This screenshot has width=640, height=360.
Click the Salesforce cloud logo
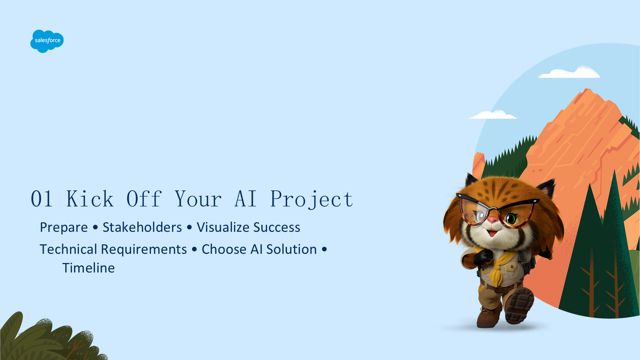point(47,41)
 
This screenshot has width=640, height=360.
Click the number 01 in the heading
point(42,199)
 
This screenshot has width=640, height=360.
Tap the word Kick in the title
point(90,199)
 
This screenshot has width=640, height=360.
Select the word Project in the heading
point(312,199)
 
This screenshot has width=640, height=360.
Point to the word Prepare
point(64,227)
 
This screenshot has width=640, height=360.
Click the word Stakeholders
point(142,227)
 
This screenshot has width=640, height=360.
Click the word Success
point(277,227)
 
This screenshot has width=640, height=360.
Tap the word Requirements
point(144,250)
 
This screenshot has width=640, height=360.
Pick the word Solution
point(291,249)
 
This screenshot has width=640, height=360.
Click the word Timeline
point(88,268)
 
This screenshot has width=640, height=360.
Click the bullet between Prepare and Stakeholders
point(95,227)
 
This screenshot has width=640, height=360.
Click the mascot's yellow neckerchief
point(495,267)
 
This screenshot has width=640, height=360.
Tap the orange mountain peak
point(588,92)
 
